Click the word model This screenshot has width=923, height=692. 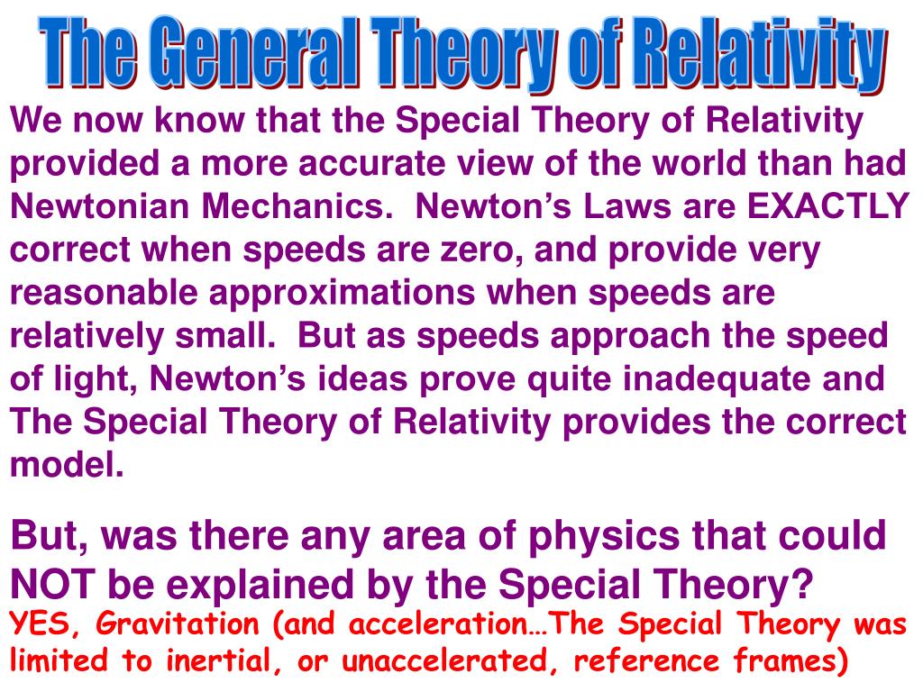tap(65, 465)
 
